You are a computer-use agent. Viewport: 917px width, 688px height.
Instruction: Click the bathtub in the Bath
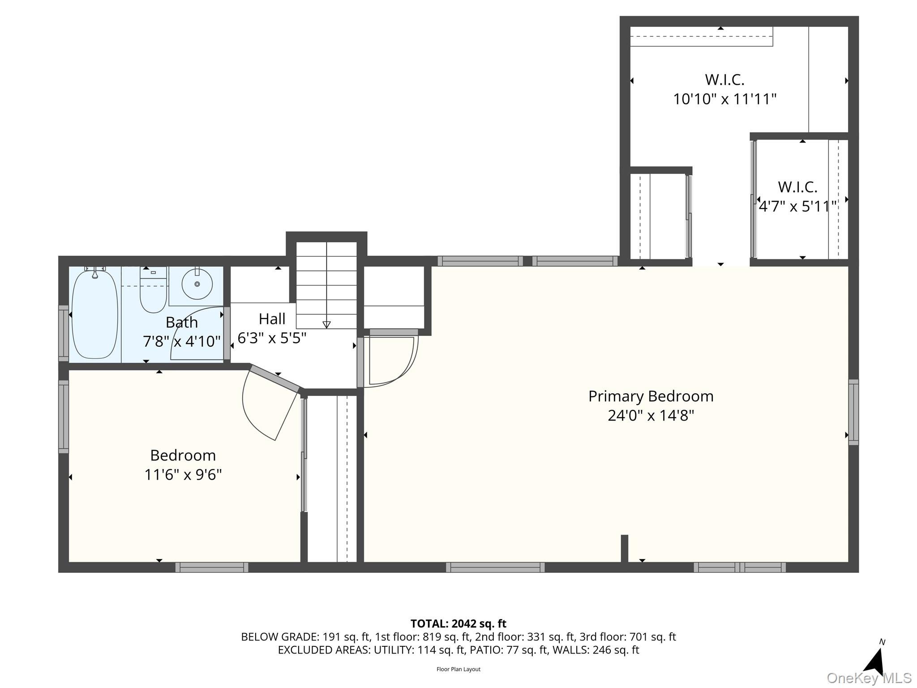[x=95, y=314]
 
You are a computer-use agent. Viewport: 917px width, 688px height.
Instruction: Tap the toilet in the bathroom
[x=153, y=289]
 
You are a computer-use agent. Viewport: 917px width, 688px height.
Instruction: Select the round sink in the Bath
[x=197, y=284]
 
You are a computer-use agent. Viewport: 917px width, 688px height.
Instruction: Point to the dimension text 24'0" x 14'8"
[x=651, y=416]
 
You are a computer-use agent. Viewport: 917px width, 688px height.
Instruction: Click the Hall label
[x=272, y=319]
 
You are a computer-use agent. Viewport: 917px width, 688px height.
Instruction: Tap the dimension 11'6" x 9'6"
[x=183, y=475]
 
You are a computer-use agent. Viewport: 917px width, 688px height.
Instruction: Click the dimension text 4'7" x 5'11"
[x=797, y=206]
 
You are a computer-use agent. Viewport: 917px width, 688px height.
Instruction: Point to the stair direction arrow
[x=326, y=325]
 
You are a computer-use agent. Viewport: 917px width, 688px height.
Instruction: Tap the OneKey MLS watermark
[x=869, y=678]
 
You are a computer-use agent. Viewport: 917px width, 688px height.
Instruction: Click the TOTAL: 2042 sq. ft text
[x=458, y=623]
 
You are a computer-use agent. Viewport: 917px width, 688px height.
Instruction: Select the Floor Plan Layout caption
[x=458, y=669]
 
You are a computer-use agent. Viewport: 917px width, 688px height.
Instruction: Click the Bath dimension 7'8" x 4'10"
[x=182, y=342]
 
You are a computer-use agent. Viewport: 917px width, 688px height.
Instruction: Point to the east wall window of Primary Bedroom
[x=853, y=412]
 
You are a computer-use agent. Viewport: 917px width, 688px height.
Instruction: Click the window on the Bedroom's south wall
[x=212, y=568]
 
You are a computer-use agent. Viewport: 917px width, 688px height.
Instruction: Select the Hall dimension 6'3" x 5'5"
[x=272, y=338]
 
